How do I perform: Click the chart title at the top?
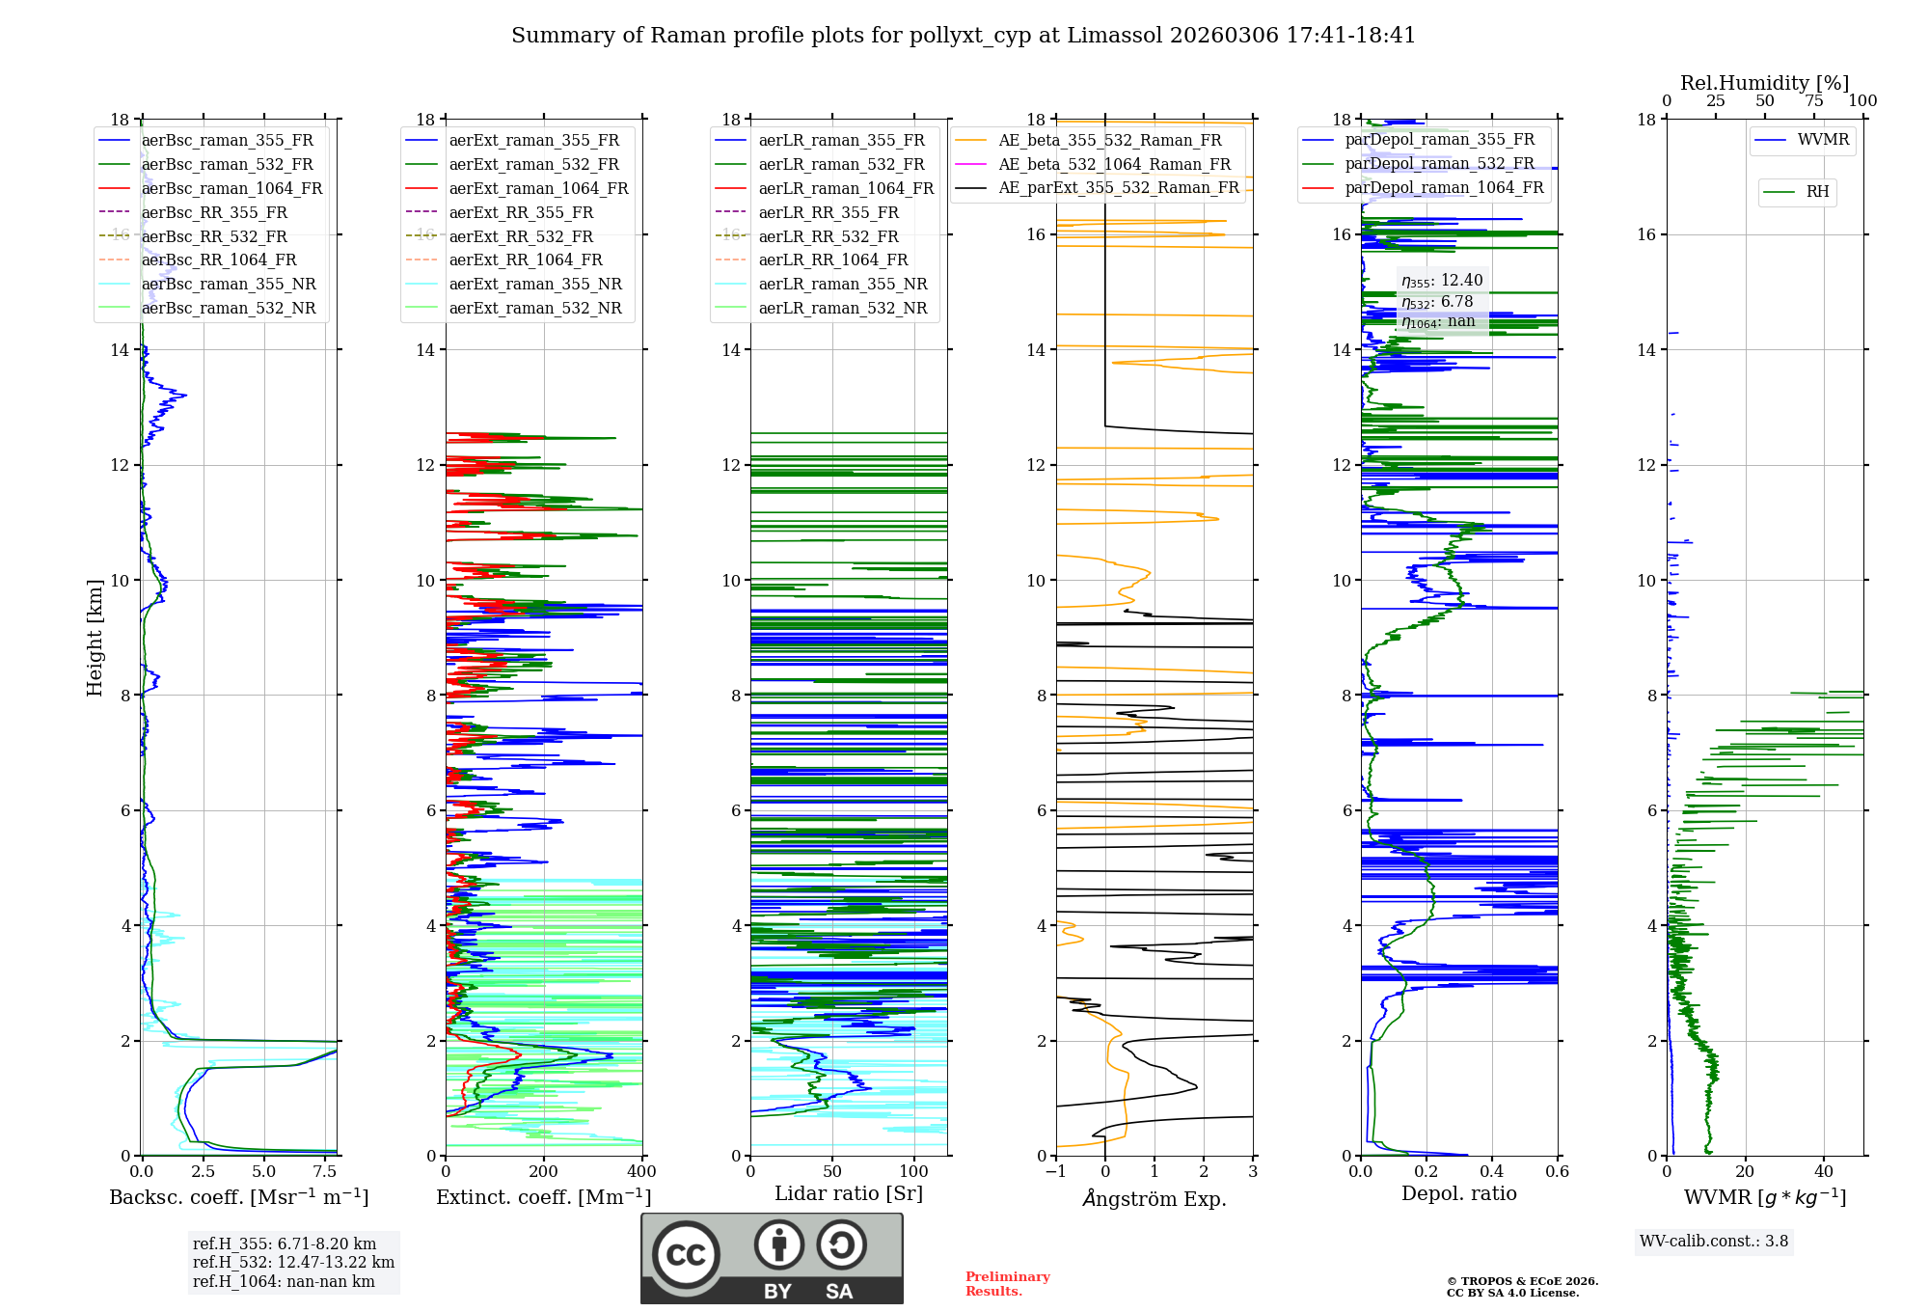click(x=963, y=36)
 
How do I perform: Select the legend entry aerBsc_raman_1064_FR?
click(x=231, y=188)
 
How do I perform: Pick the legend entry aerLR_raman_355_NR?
click(x=842, y=284)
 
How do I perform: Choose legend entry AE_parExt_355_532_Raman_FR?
click(x=1118, y=187)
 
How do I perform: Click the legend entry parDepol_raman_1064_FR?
click(x=1444, y=187)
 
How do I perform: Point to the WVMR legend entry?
click(x=1822, y=140)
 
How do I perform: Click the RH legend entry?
click(x=1817, y=192)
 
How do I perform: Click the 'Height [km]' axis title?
click(x=95, y=637)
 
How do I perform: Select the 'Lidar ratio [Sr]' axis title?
click(x=849, y=1193)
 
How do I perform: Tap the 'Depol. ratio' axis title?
click(x=1458, y=1193)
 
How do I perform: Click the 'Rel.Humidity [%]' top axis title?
click(x=1764, y=83)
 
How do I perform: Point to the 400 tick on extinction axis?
click(x=641, y=1172)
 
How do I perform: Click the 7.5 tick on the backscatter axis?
click(x=325, y=1172)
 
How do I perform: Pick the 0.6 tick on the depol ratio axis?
click(x=1557, y=1172)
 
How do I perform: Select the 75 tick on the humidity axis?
click(x=1813, y=101)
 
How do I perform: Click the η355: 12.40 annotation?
click(x=1442, y=281)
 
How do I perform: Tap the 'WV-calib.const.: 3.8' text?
click(x=1713, y=1242)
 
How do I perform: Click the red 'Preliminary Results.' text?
click(x=1007, y=1284)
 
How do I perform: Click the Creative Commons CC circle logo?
click(x=686, y=1254)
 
